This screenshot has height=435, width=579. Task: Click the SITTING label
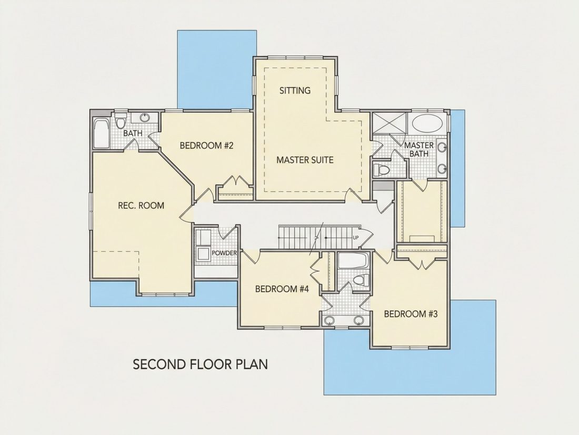295,90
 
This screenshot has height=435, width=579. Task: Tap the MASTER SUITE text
305,160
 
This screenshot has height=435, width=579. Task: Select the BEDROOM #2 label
207,146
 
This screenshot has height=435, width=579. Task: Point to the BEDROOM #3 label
411,314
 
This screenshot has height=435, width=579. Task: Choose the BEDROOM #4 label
282,288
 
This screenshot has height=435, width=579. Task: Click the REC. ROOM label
141,205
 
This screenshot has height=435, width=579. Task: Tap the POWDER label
224,253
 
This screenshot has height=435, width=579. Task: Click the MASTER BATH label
419,149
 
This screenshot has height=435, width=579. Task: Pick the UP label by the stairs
355,237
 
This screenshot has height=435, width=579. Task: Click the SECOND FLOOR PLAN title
200,364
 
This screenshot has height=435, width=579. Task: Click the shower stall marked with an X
389,122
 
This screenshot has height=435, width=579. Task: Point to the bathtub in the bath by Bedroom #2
101,133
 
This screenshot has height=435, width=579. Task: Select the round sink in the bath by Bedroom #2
144,118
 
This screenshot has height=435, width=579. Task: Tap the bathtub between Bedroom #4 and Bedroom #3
353,260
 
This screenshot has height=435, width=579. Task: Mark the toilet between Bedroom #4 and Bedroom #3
361,279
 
